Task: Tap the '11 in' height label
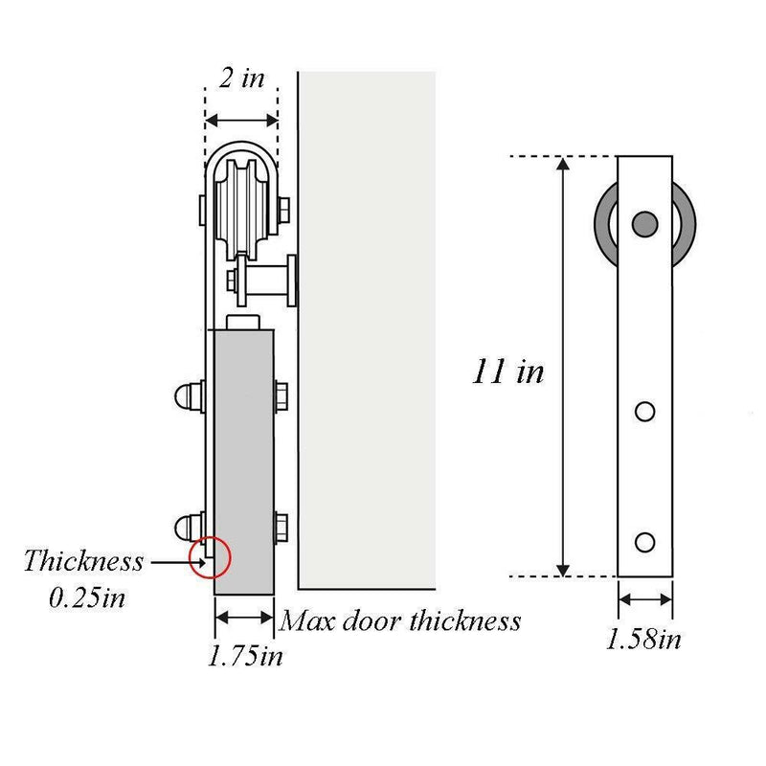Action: click(x=507, y=371)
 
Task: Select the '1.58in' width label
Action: click(x=643, y=639)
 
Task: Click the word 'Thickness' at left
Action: click(x=83, y=560)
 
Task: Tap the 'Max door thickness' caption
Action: click(x=400, y=621)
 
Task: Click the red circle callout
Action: click(x=211, y=557)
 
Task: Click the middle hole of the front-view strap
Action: click(x=645, y=412)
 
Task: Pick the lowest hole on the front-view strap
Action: click(x=645, y=541)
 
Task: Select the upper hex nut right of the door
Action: click(x=282, y=394)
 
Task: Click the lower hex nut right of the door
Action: click(x=282, y=525)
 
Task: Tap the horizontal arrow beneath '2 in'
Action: click(x=242, y=120)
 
